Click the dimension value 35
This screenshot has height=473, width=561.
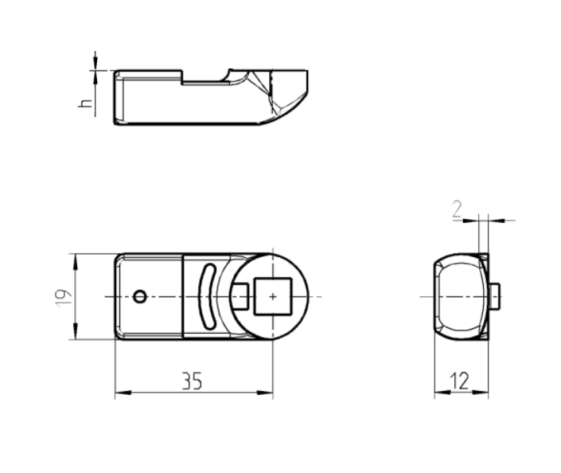click(x=192, y=382)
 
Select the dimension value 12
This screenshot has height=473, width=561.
click(x=460, y=382)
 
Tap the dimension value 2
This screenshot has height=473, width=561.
click(x=456, y=209)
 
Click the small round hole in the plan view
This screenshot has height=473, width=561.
click(x=140, y=296)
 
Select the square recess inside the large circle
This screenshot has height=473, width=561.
click(x=273, y=296)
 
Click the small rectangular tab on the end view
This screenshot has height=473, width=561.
click(x=494, y=296)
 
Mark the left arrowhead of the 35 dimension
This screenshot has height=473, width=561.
click(x=119, y=392)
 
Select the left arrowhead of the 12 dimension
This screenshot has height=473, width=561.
click(x=438, y=392)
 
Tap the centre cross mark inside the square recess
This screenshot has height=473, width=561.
click(x=273, y=296)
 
